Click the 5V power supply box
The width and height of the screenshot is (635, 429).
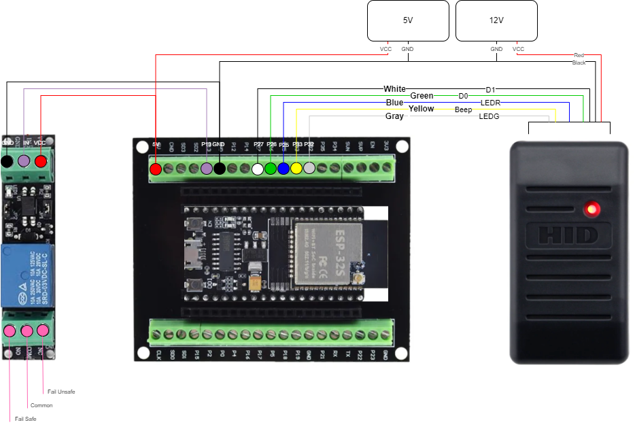coord(408,20)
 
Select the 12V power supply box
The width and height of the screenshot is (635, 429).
coord(496,20)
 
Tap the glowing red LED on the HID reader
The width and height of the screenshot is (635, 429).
coord(593,208)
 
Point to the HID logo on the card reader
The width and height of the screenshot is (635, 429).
coord(568,235)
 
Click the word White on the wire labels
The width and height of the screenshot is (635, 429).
coord(394,89)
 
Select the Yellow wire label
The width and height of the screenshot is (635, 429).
coord(421,109)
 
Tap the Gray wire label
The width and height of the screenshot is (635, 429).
coord(394,116)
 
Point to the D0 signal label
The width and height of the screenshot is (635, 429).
coord(463,97)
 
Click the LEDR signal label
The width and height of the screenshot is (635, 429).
coord(490,103)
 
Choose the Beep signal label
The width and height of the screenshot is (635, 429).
coord(463,109)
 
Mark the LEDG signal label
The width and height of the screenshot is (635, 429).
coord(490,116)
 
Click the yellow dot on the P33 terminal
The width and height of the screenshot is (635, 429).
coord(296,168)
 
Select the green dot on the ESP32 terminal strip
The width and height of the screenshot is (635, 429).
coord(271,168)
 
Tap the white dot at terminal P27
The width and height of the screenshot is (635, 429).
coord(258,169)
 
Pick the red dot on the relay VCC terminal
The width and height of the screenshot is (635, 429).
coord(41,161)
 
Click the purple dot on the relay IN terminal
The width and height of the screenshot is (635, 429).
coord(24,161)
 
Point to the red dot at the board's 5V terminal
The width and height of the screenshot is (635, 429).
coord(156,169)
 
